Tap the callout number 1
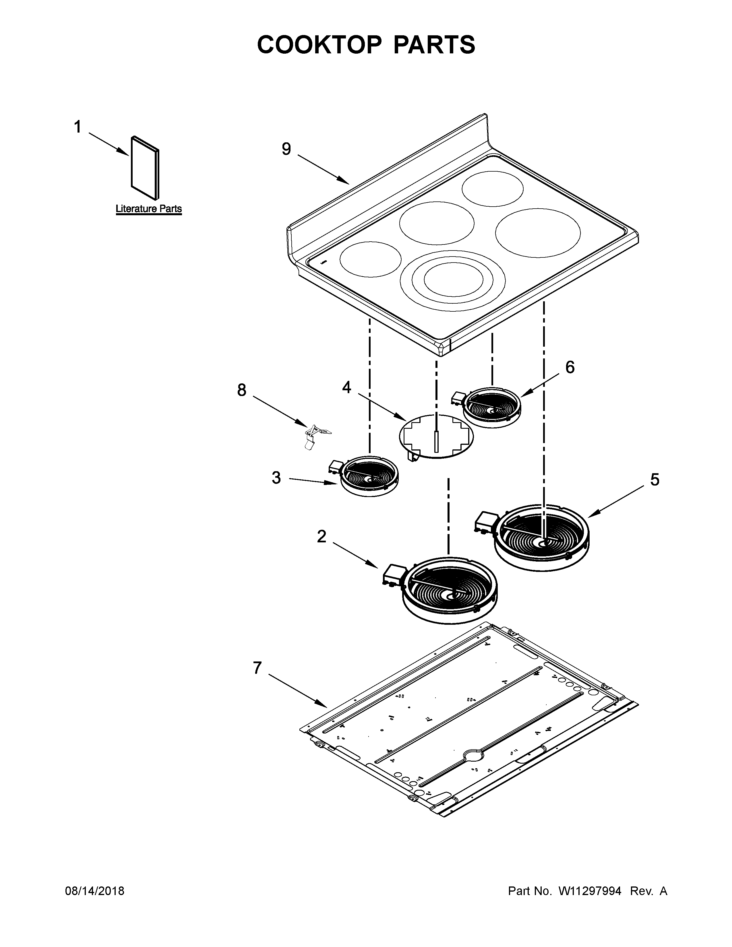coord(77,127)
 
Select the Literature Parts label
coord(148,209)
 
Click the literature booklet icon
coord(145,168)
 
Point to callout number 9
coord(286,149)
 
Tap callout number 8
coord(241,390)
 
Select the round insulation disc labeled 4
coord(436,435)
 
